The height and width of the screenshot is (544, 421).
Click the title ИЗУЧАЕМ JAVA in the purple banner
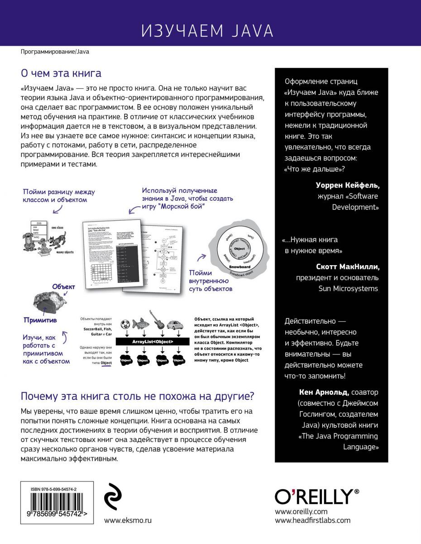[207, 31]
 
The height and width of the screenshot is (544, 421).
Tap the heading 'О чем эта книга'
[62, 73]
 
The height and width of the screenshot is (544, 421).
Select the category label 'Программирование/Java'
[55, 52]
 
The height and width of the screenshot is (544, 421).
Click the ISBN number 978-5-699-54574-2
[57, 489]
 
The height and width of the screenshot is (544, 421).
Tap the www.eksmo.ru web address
[128, 520]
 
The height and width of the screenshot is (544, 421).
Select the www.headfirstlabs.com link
[312, 520]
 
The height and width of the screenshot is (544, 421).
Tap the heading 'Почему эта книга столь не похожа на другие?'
[138, 396]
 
